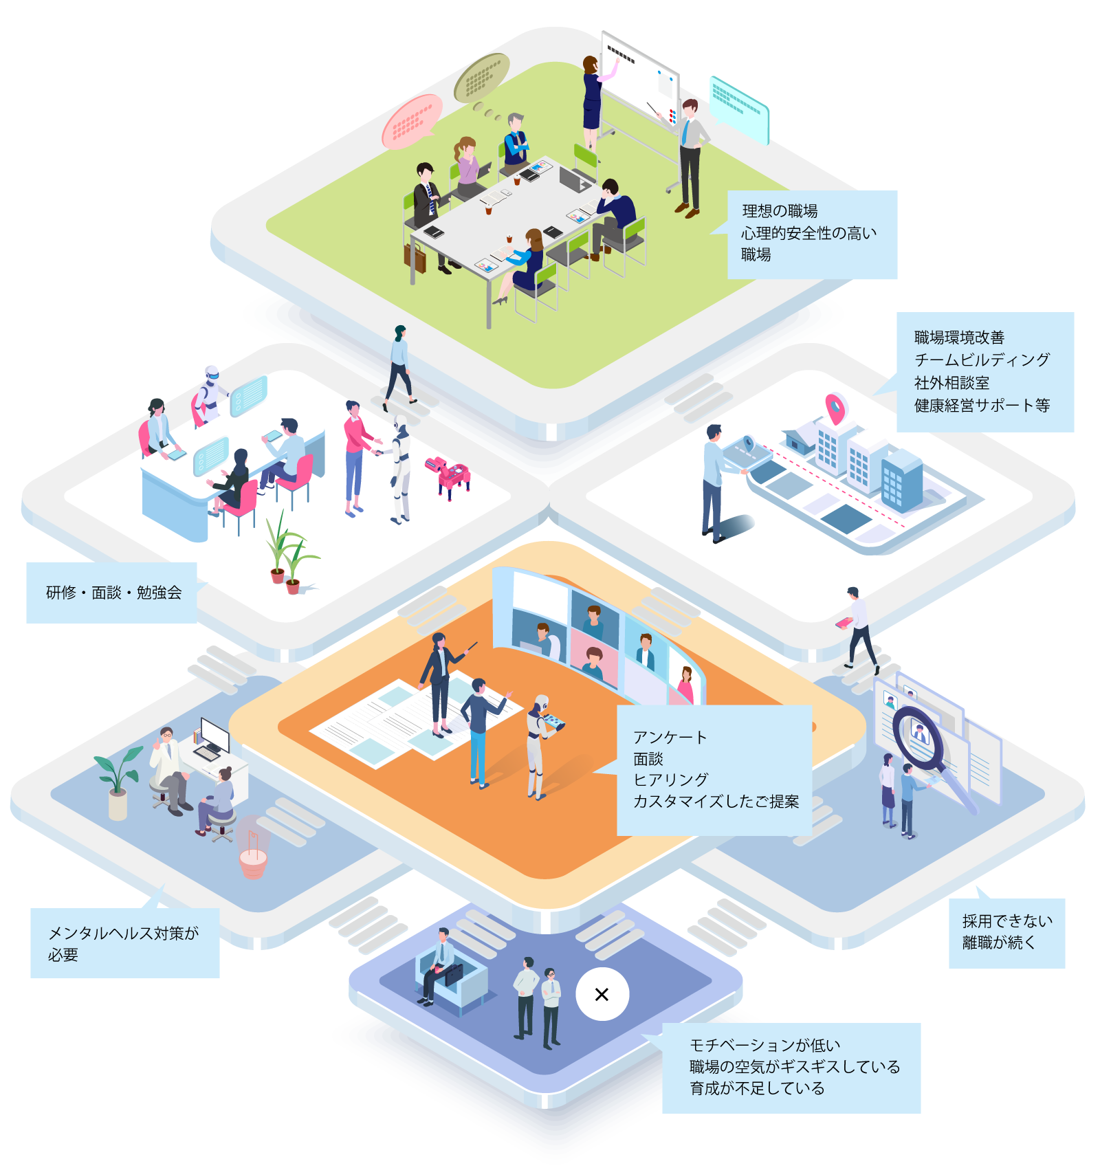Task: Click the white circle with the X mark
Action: [602, 994]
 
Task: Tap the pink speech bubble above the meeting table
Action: [412, 122]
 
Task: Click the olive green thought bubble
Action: [481, 76]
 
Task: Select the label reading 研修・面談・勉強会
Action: [113, 593]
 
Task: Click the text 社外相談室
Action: [951, 382]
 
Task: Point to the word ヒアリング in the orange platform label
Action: [670, 780]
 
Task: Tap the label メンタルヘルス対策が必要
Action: [124, 943]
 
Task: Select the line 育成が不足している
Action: [756, 1088]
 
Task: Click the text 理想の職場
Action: [780, 211]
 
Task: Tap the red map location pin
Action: [835, 408]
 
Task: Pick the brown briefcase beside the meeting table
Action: [415, 257]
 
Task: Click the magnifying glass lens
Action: [917, 732]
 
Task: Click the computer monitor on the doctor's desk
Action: [215, 735]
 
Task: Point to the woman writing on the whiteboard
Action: [593, 96]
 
